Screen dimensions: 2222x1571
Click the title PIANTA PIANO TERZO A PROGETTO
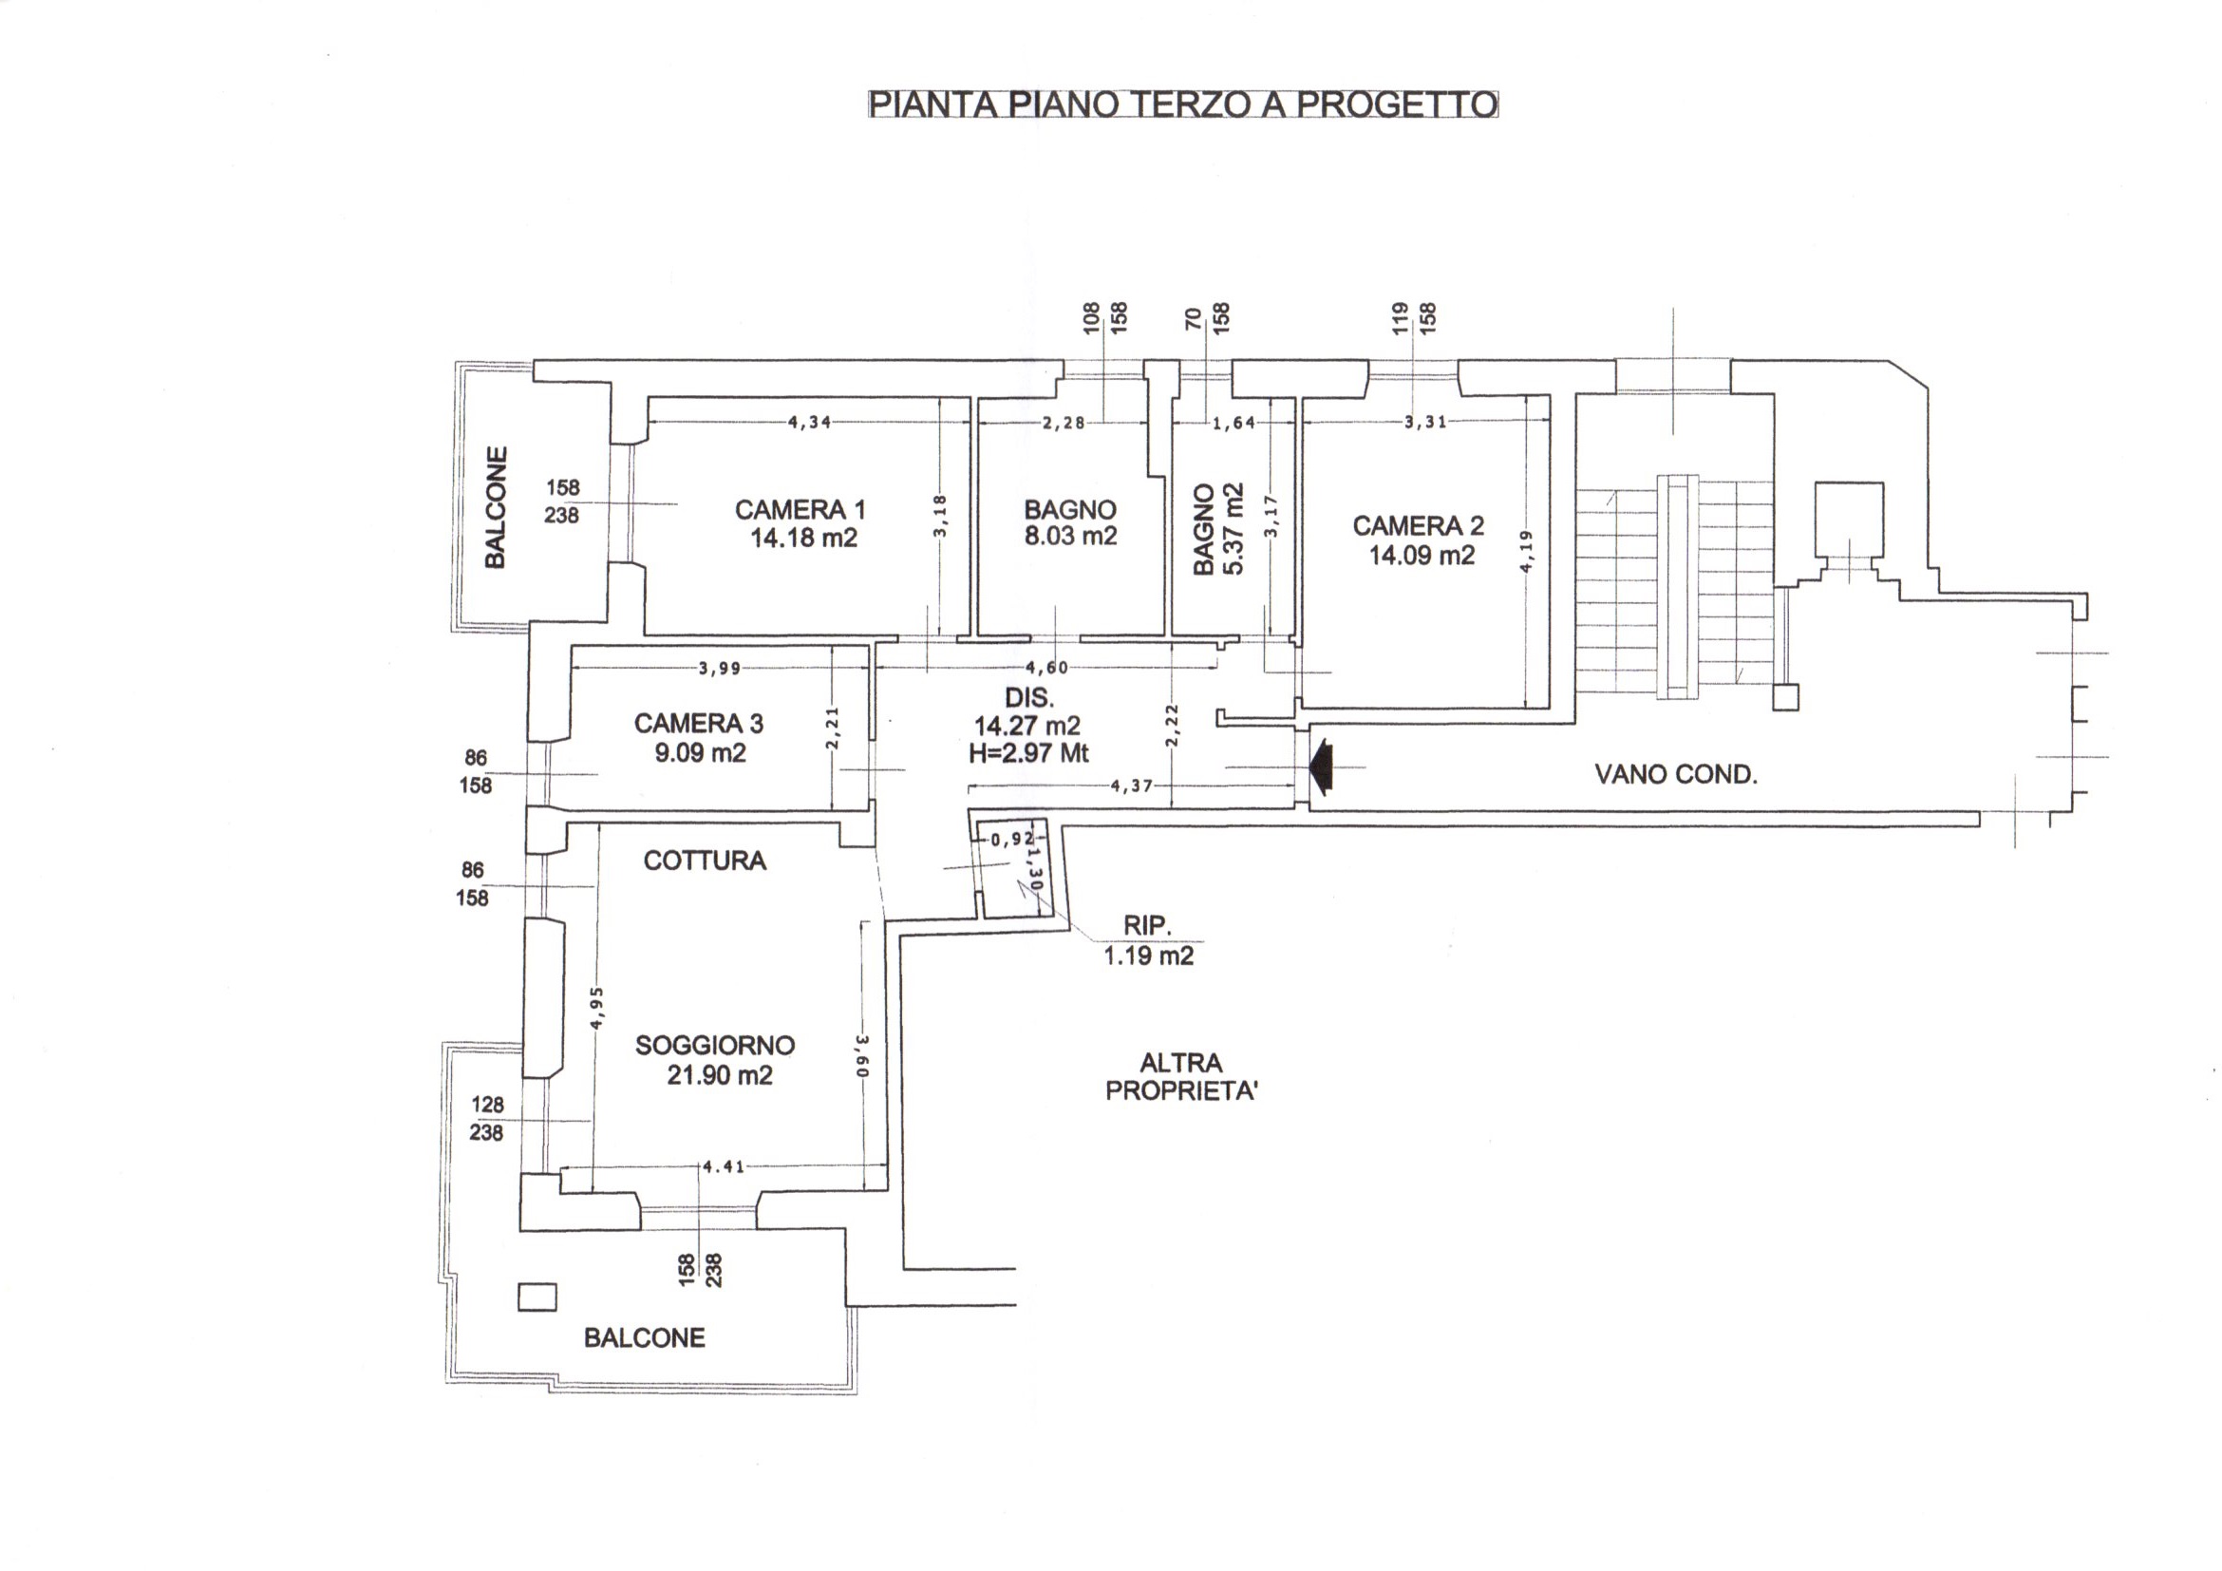click(1183, 104)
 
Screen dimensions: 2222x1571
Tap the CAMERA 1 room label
click(800, 509)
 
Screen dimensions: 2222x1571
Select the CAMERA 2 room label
click(1418, 525)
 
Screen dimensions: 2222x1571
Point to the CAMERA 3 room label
click(699, 723)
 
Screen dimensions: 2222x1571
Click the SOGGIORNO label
click(715, 1046)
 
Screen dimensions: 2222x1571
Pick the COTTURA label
click(705, 861)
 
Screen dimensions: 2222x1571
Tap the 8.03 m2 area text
click(1070, 537)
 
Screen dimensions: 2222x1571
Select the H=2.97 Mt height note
click(1028, 752)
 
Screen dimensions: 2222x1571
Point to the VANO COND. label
click(1676, 774)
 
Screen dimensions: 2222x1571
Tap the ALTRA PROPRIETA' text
click(1181, 1076)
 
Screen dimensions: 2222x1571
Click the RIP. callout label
click(1147, 925)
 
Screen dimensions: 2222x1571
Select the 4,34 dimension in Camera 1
click(809, 422)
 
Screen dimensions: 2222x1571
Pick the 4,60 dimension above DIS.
click(1047, 667)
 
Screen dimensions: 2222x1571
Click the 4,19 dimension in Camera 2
click(1526, 551)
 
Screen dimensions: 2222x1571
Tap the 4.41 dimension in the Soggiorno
click(724, 1166)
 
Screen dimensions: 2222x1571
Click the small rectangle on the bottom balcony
click(537, 1297)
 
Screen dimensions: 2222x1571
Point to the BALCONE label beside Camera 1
click(496, 507)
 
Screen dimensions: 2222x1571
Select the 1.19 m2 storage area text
click(1149, 956)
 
